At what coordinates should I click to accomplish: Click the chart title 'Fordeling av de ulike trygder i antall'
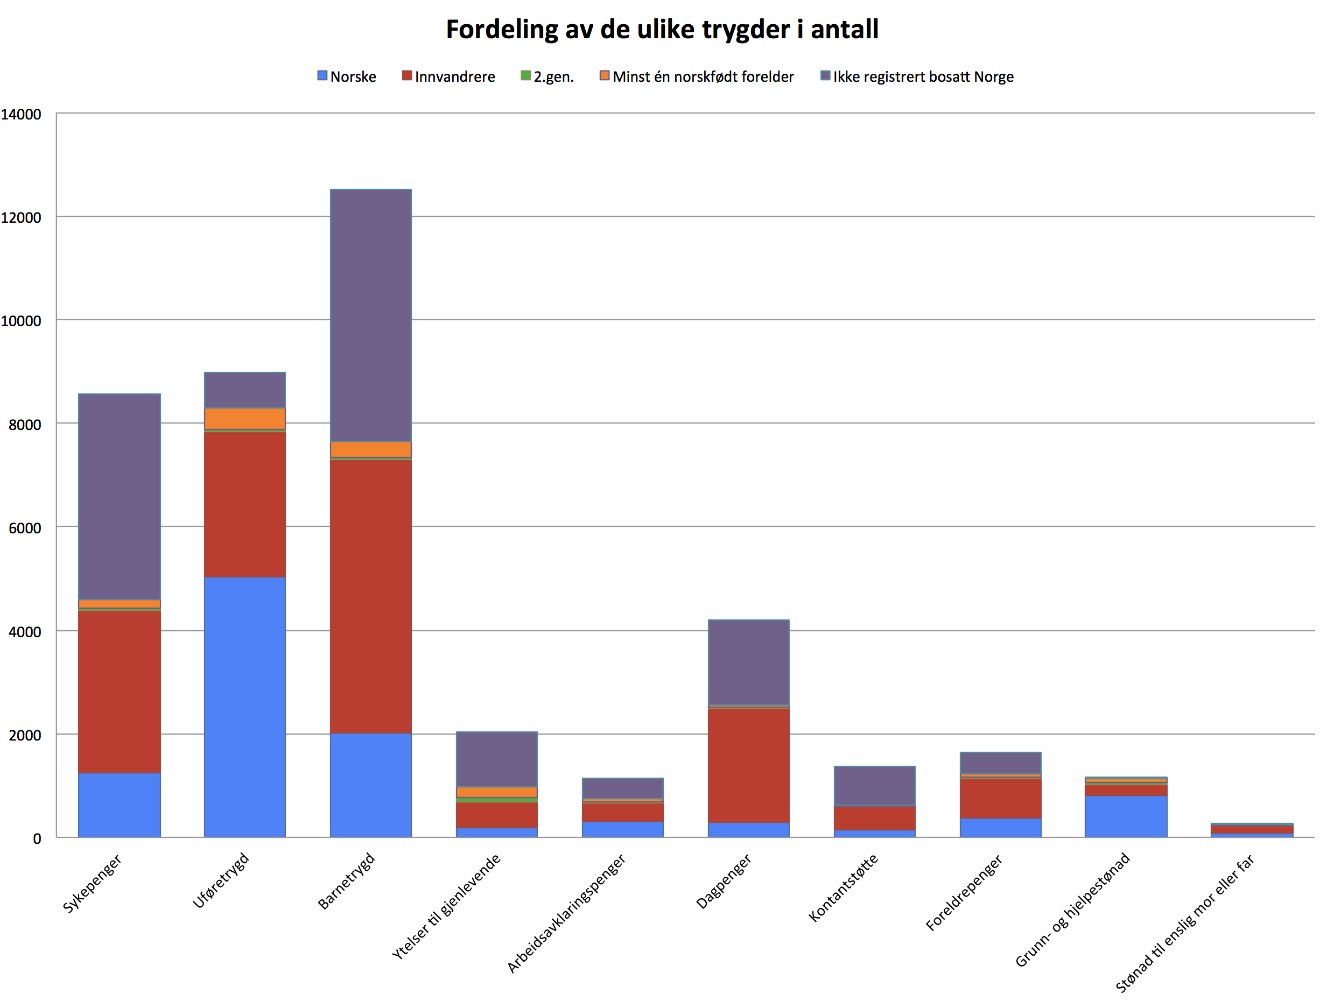[662, 29]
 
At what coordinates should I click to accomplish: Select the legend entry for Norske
[347, 76]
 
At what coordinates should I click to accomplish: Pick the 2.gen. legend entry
[546, 76]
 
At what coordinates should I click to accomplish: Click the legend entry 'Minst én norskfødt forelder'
[697, 76]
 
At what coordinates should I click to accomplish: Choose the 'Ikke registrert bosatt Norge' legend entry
[917, 76]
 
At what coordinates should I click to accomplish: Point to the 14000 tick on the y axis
[22, 115]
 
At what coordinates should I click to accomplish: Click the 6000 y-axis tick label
[25, 528]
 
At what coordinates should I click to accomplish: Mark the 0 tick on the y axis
[37, 838]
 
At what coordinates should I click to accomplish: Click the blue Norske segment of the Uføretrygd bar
[244, 707]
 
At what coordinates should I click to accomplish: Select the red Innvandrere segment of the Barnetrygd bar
[370, 596]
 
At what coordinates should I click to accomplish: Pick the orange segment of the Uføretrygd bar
[244, 418]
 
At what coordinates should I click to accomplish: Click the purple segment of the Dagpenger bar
[748, 662]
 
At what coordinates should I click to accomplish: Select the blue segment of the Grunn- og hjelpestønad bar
[1126, 816]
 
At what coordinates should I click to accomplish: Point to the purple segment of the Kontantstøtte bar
[874, 786]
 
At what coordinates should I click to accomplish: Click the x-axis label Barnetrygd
[346, 881]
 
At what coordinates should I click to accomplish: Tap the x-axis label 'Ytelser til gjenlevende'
[446, 907]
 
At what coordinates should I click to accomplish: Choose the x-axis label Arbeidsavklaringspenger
[566, 913]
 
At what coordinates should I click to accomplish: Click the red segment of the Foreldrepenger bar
[1000, 798]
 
